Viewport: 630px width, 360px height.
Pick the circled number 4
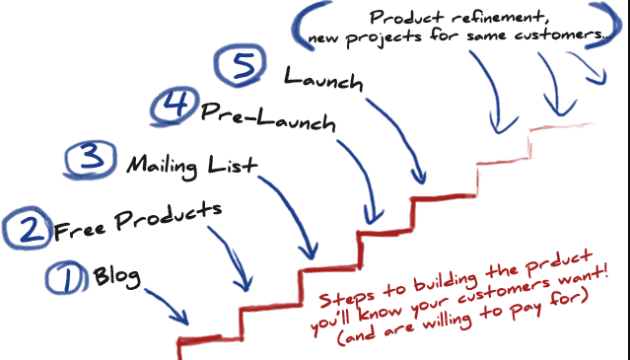(x=173, y=106)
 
